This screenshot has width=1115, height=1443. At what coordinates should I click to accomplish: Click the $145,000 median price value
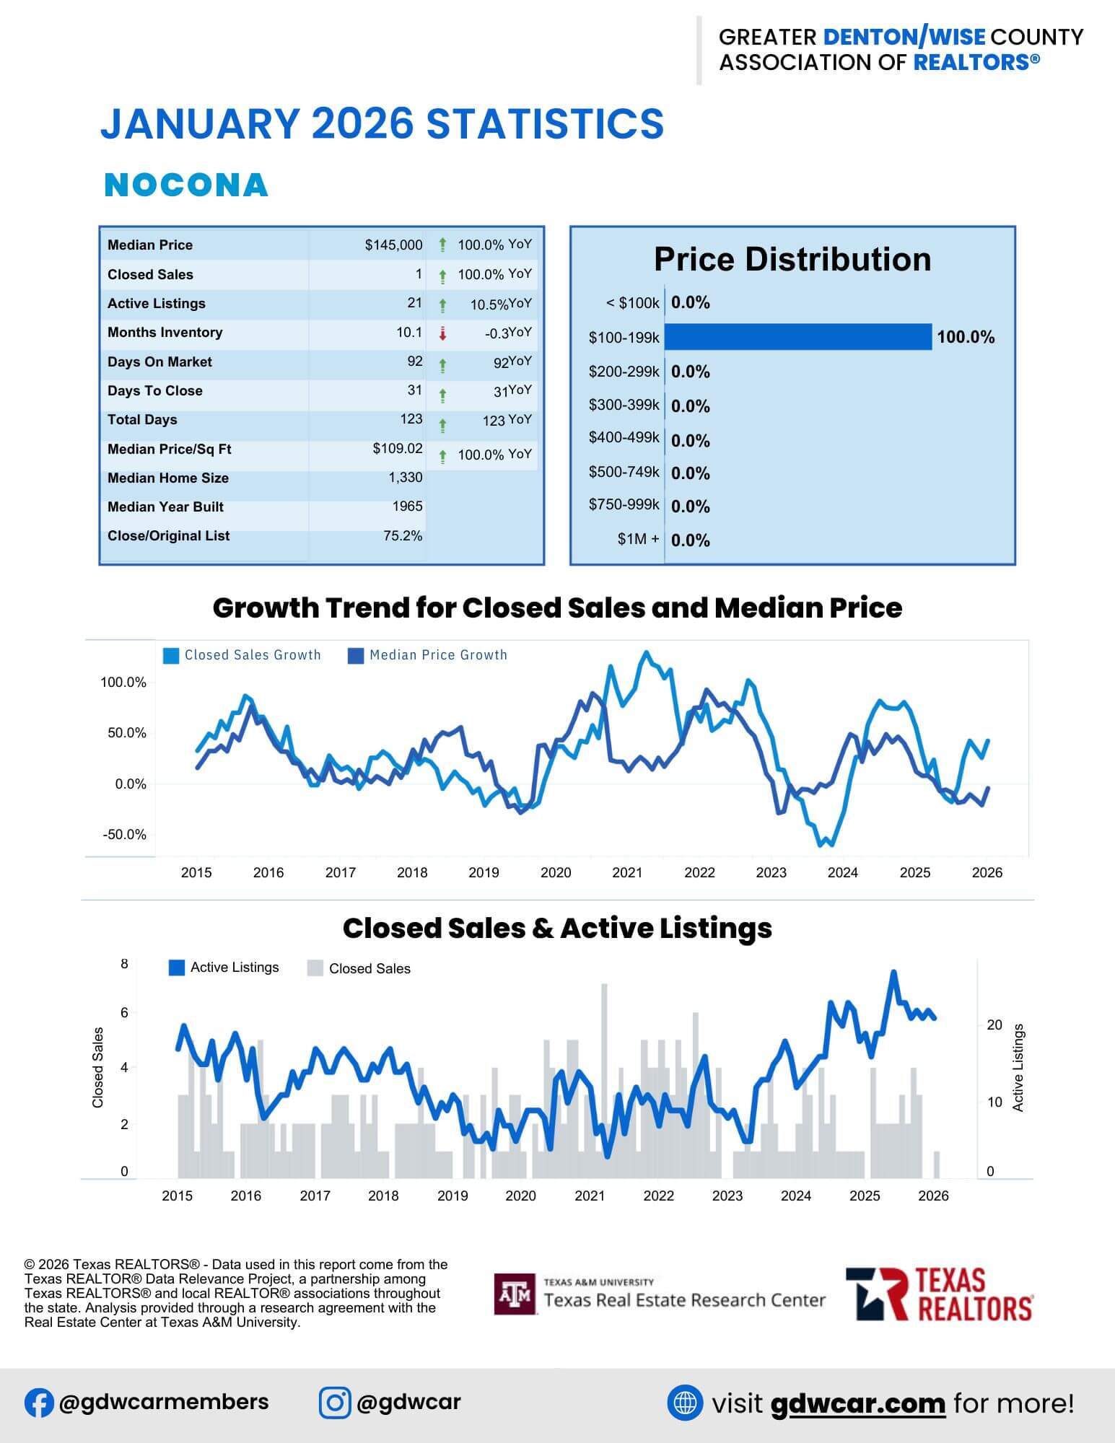[x=393, y=245]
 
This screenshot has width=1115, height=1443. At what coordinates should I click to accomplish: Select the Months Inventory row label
[x=165, y=333]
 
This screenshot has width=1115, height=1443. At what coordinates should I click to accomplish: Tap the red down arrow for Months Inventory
[x=443, y=333]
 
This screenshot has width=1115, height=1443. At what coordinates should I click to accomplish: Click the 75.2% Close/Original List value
[x=403, y=536]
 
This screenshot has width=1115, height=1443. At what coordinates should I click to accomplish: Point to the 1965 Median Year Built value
[x=407, y=506]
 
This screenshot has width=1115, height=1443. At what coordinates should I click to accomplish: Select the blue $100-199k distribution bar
[x=797, y=337]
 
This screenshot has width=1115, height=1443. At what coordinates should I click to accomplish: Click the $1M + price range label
[x=638, y=539]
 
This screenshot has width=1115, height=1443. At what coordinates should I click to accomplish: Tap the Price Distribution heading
[x=792, y=260]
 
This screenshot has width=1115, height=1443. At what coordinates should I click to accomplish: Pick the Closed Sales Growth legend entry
[x=242, y=655]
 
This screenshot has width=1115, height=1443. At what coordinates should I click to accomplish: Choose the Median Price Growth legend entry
[x=428, y=655]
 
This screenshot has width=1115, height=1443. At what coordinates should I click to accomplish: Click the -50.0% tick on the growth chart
[x=124, y=835]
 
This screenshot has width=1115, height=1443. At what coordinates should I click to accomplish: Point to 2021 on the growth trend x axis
[x=627, y=872]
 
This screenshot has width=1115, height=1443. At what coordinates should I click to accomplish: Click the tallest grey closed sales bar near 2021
[x=604, y=1068]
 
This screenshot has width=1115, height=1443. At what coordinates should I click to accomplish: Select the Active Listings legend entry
[x=224, y=968]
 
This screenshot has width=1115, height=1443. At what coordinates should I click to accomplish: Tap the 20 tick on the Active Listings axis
[x=994, y=1025]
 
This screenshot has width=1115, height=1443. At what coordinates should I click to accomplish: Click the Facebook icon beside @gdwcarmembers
[x=39, y=1403]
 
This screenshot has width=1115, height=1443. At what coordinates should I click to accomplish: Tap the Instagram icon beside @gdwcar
[x=335, y=1403]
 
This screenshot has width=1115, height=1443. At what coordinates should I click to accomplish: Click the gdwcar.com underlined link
[x=857, y=1403]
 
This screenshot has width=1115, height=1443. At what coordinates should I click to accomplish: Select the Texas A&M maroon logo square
[x=515, y=1294]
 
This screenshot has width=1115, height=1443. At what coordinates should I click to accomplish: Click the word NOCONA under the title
[x=186, y=185]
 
